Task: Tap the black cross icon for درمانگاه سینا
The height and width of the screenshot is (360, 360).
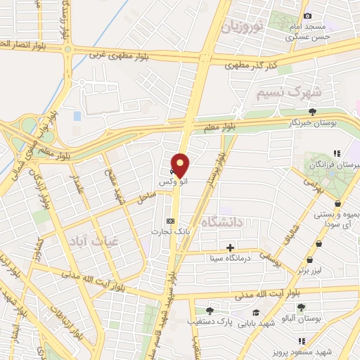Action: click(x=230, y=247)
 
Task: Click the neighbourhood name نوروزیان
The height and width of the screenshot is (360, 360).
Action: click(x=243, y=27)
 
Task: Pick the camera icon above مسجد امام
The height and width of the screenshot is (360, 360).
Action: click(x=307, y=16)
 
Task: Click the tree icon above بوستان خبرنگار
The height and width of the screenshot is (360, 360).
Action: click(x=313, y=111)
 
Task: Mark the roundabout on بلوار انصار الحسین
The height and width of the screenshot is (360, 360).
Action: click(x=68, y=50)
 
